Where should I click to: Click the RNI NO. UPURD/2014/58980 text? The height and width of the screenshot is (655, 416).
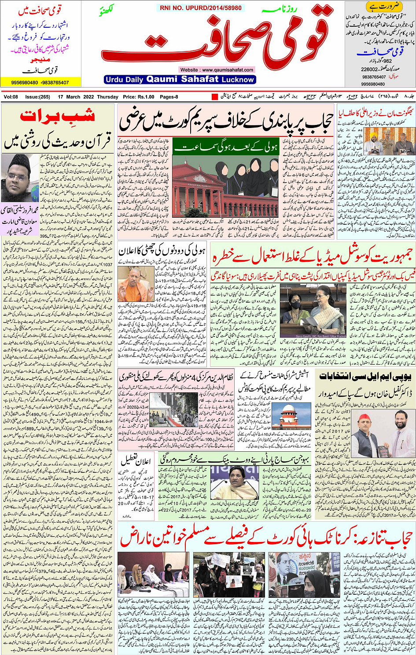[201, 8]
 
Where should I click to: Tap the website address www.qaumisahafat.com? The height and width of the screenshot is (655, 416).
[217, 70]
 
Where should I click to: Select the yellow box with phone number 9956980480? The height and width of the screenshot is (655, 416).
[40, 82]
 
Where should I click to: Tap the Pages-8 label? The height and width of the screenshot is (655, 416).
[169, 97]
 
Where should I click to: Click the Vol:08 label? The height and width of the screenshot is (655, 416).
[11, 97]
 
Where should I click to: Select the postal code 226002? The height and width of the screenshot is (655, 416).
[369, 70]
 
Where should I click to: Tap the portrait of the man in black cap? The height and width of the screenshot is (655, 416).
[19, 178]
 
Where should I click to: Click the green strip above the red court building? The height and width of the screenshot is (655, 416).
[226, 147]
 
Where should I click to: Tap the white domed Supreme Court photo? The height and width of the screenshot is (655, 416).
[285, 415]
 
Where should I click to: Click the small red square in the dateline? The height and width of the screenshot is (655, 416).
[215, 97]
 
